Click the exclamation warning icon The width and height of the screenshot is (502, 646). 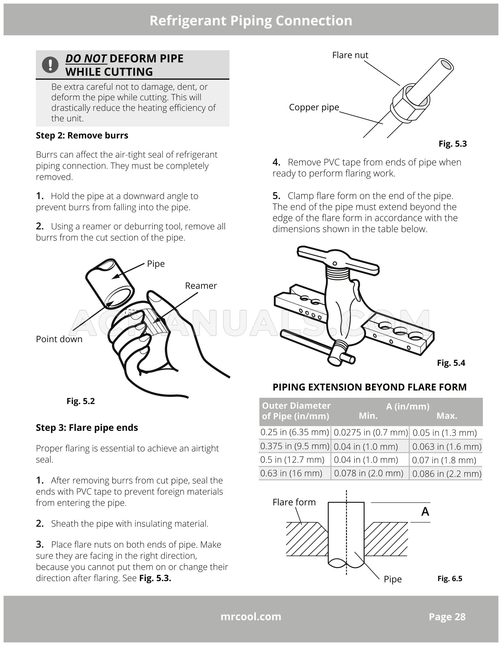tap(50, 65)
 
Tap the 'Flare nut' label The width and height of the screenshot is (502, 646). tap(350, 55)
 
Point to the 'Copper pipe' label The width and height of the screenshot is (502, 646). tap(314, 107)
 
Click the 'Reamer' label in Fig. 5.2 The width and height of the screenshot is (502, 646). tap(201, 286)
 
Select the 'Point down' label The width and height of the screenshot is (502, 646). tap(59, 339)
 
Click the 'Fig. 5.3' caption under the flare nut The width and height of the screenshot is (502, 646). tap(452, 144)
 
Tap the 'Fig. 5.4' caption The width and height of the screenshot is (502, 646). tap(451, 363)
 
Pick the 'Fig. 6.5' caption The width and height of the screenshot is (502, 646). tap(450, 578)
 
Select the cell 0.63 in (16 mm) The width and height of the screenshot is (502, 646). tap(291, 473)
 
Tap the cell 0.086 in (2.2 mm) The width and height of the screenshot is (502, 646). tap(447, 474)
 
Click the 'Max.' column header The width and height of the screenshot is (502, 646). tap(447, 416)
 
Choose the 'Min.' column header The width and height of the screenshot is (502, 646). tap(368, 416)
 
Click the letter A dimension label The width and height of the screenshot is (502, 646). tap(425, 512)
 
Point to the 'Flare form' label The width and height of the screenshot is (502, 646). tap(294, 502)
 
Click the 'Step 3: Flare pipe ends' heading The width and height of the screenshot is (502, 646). tap(87, 428)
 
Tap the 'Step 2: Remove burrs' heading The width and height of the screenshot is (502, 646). tap(82, 135)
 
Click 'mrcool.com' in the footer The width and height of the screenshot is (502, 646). tap(251, 616)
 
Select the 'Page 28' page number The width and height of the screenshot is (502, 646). tap(447, 617)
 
